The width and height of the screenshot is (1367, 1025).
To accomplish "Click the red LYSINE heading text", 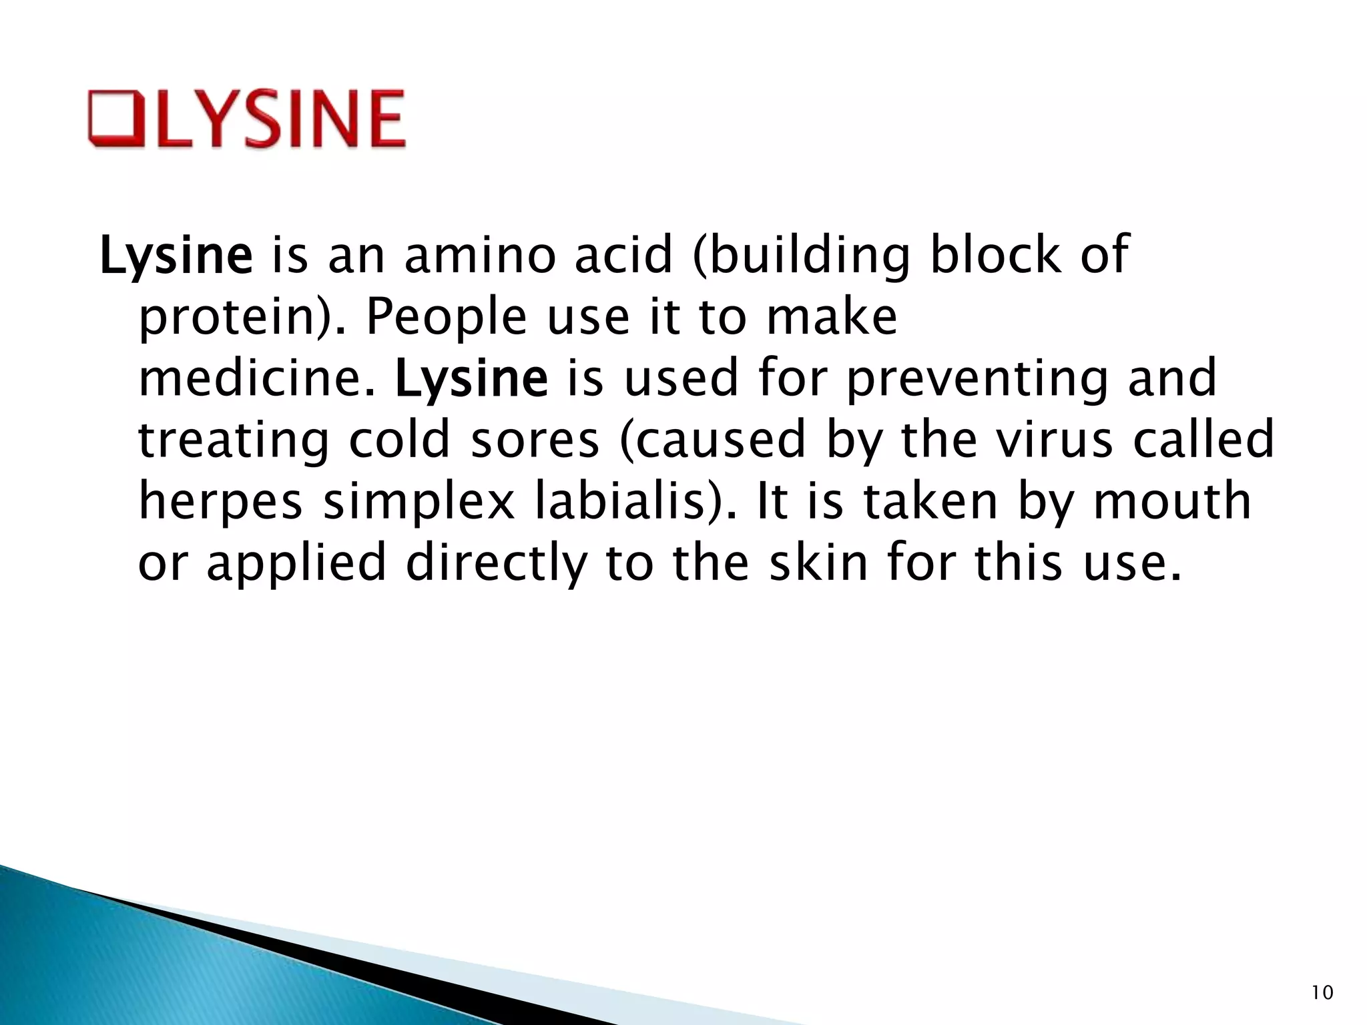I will pos(280,119).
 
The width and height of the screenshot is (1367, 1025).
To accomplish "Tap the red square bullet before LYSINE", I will pos(115,119).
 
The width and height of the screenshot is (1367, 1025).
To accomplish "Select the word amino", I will pos(481,256).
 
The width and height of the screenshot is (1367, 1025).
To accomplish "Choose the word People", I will pos(447,317).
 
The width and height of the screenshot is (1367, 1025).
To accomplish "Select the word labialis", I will pos(627,502).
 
